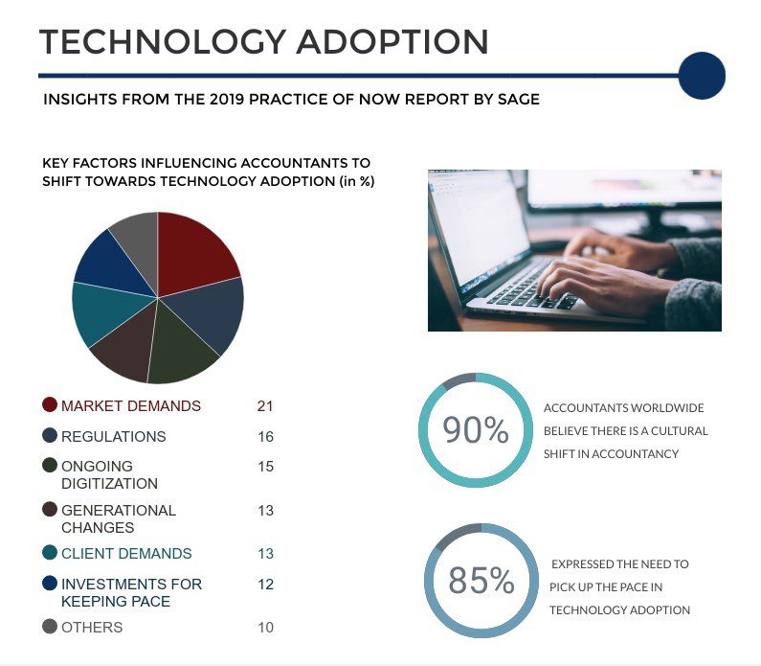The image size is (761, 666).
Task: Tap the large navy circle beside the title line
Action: pyautogui.click(x=701, y=75)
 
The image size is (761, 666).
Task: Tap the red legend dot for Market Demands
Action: pyautogui.click(x=50, y=405)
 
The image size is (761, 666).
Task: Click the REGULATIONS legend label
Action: pyautogui.click(x=113, y=437)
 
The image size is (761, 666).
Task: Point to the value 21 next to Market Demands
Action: pyautogui.click(x=265, y=406)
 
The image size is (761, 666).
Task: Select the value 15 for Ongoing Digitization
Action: pyautogui.click(x=265, y=467)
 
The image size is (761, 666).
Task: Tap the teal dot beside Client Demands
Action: pyautogui.click(x=50, y=553)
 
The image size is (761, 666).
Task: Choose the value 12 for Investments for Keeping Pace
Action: pyautogui.click(x=265, y=584)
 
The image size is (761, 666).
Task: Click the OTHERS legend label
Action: pyautogui.click(x=92, y=628)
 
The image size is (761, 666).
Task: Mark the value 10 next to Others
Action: pyautogui.click(x=265, y=628)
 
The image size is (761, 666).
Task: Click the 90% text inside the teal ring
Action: pyautogui.click(x=476, y=431)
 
